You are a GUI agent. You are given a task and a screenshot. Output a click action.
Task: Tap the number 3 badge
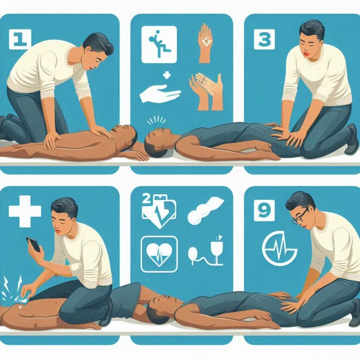coord(264,39)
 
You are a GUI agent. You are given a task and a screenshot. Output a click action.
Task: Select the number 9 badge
coord(264,210)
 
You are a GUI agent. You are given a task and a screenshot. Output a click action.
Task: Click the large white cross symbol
coord(25,211)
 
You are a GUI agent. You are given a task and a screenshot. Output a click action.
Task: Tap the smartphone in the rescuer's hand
coord(34,244)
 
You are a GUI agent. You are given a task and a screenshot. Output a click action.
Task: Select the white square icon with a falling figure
coord(159,45)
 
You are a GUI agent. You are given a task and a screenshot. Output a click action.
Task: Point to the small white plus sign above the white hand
coord(167,75)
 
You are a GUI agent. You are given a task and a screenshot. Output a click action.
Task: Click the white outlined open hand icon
coord(160,93)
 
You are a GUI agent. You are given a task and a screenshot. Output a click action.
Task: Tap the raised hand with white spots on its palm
coord(205,43)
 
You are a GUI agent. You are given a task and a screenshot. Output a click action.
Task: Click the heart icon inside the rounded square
coord(159,254)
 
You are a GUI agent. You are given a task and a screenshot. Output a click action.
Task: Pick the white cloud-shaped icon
coord(205,211)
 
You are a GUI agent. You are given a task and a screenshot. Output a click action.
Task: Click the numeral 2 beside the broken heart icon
coord(147,199)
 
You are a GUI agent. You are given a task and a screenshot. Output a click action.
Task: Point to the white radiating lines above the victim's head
coord(156,120)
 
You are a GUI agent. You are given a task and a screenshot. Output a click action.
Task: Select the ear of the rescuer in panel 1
coord(87,50)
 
